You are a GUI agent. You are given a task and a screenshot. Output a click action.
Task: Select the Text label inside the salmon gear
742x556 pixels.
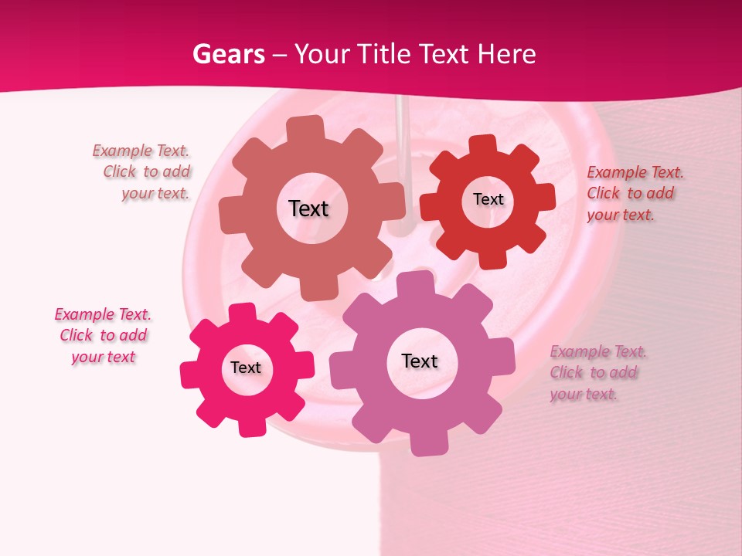pyautogui.click(x=308, y=208)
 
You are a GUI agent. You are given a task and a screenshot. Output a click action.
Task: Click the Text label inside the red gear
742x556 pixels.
pyautogui.click(x=488, y=199)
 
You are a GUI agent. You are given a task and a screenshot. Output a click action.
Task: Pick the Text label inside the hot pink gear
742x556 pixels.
pyautogui.click(x=246, y=368)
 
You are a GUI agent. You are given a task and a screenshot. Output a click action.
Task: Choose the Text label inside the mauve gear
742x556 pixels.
pyautogui.click(x=420, y=361)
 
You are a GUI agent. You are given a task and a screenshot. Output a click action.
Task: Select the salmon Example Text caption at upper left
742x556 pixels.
pyautogui.click(x=141, y=172)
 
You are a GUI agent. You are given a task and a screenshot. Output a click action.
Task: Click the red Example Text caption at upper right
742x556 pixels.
pyautogui.click(x=635, y=193)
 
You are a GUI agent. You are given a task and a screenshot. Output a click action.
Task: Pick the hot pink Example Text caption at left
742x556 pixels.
pyautogui.click(x=103, y=335)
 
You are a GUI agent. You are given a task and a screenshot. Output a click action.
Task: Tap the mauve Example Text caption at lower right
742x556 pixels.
pyautogui.click(x=598, y=372)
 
